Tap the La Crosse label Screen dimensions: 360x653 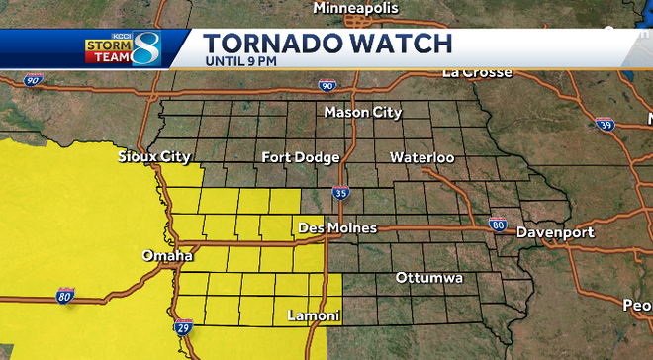(477, 72)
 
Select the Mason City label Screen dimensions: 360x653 (363, 113)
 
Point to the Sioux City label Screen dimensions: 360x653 (153, 157)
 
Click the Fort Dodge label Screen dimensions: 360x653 (301, 157)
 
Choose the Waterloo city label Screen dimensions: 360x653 (421, 157)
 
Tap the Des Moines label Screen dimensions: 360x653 (337, 228)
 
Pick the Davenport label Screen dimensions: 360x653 (554, 232)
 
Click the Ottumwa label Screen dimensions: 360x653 (428, 278)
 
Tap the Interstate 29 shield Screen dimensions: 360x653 (183, 325)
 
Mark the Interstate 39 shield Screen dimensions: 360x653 (605, 124)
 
